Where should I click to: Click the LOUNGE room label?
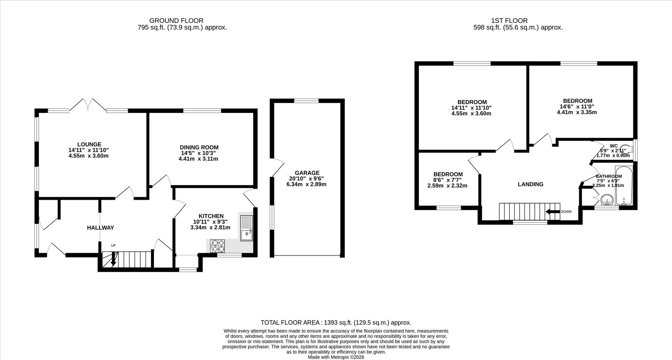pyautogui.click(x=89, y=145)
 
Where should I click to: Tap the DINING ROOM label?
pyautogui.click(x=199, y=147)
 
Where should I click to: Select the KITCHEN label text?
pyautogui.click(x=211, y=216)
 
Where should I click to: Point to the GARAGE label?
pyautogui.click(x=307, y=173)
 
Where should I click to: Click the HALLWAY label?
pyautogui.click(x=100, y=228)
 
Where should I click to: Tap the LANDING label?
pyautogui.click(x=531, y=184)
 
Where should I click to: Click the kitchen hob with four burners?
pyautogui.click(x=217, y=246)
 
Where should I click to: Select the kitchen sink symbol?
pyautogui.click(x=247, y=228)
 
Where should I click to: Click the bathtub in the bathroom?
pyautogui.click(x=624, y=185)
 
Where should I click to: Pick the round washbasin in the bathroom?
pyautogui.click(x=607, y=200)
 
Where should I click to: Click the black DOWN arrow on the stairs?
pyautogui.click(x=553, y=212)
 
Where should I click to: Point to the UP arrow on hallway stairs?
pyautogui.click(x=114, y=259)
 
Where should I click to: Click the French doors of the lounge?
pyautogui.click(x=88, y=104)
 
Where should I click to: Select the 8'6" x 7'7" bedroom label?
pyautogui.click(x=448, y=180)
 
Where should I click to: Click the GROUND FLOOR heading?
pyautogui.click(x=176, y=21)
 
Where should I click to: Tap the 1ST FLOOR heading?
pyautogui.click(x=509, y=21)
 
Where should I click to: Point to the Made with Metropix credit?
pyautogui.click(x=336, y=357)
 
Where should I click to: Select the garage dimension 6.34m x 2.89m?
pyautogui.click(x=306, y=184)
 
